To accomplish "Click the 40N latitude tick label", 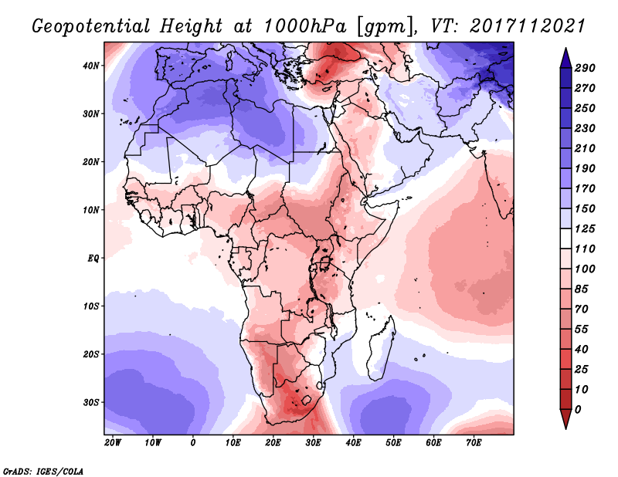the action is click(x=91, y=66).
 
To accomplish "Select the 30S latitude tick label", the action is click(x=91, y=403).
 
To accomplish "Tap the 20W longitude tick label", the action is click(x=113, y=443).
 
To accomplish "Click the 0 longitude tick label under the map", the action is click(x=192, y=443).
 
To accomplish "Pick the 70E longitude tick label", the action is click(x=474, y=443).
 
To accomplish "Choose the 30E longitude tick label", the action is click(x=313, y=443).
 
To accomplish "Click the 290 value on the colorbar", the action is click(x=585, y=68).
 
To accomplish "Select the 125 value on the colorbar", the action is click(x=585, y=228).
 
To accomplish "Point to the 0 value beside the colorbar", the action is click(x=578, y=410).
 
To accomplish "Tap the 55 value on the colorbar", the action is click(x=582, y=330).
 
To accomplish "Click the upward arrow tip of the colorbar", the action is click(x=565, y=48).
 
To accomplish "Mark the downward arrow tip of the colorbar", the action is click(x=565, y=428).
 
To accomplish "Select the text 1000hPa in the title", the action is click(x=305, y=26).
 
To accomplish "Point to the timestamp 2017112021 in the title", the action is click(x=527, y=26).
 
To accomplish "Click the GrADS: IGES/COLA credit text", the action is click(x=43, y=472).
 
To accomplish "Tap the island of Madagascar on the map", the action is click(x=382, y=350).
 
